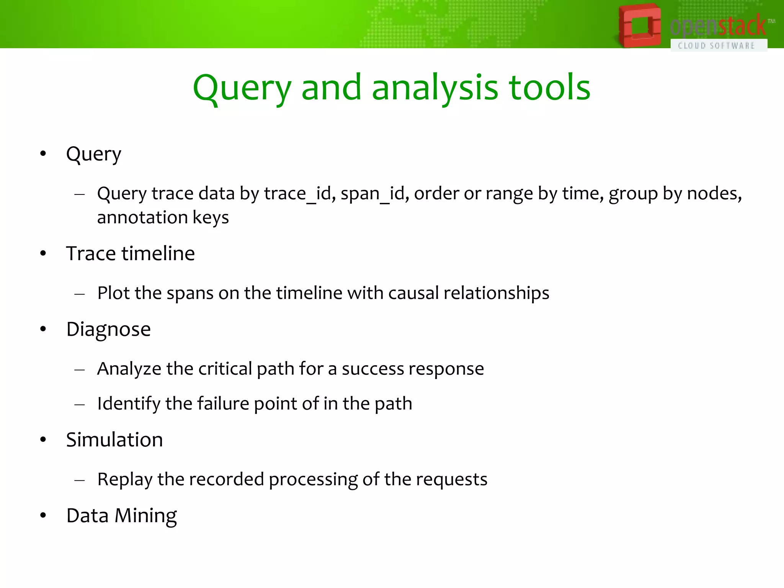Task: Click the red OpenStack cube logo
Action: (x=639, y=26)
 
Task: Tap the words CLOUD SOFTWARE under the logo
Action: (x=716, y=46)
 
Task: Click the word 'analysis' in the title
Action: (x=435, y=88)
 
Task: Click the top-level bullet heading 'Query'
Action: (x=93, y=154)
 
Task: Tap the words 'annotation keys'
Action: (x=163, y=217)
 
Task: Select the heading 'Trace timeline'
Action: (x=130, y=253)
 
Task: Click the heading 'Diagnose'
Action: (x=108, y=329)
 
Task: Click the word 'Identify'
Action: (x=129, y=404)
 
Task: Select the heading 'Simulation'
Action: (x=114, y=439)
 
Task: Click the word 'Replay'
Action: (x=124, y=480)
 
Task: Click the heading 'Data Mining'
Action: (x=121, y=516)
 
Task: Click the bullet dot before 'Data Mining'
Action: (x=43, y=516)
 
